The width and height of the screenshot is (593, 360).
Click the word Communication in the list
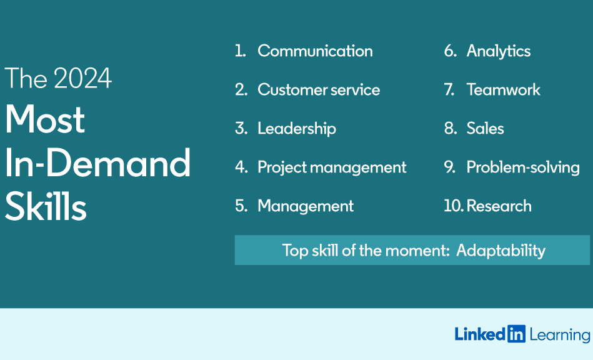pyautogui.click(x=315, y=51)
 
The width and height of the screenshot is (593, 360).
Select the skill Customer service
pyautogui.click(x=319, y=89)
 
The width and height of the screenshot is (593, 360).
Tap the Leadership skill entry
pyautogui.click(x=296, y=129)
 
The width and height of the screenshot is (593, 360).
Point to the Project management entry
pyautogui.click(x=332, y=167)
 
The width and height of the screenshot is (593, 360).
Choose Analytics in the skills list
pyautogui.click(x=499, y=51)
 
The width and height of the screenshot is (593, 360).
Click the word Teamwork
pyautogui.click(x=504, y=89)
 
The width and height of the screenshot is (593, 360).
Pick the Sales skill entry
pyautogui.click(x=486, y=129)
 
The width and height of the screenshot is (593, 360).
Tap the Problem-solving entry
pyautogui.click(x=523, y=167)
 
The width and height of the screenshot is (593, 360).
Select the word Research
pyautogui.click(x=499, y=206)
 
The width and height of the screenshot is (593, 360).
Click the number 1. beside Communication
pyautogui.click(x=241, y=51)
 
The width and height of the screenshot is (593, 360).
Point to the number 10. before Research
pyautogui.click(x=454, y=206)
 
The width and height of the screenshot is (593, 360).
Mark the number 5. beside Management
pyautogui.click(x=241, y=206)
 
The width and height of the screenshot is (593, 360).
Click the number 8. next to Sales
pyautogui.click(x=451, y=129)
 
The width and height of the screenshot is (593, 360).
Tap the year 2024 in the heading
pyautogui.click(x=82, y=78)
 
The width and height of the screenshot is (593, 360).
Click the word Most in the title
pyautogui.click(x=44, y=119)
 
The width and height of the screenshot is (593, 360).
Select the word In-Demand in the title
pyautogui.click(x=97, y=162)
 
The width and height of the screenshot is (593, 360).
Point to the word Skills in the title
pyautogui.click(x=46, y=206)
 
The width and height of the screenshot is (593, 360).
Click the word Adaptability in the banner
pyautogui.click(x=501, y=251)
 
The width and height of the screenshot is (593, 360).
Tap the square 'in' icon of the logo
pyautogui.click(x=516, y=334)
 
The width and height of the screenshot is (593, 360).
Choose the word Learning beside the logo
pyautogui.click(x=560, y=335)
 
